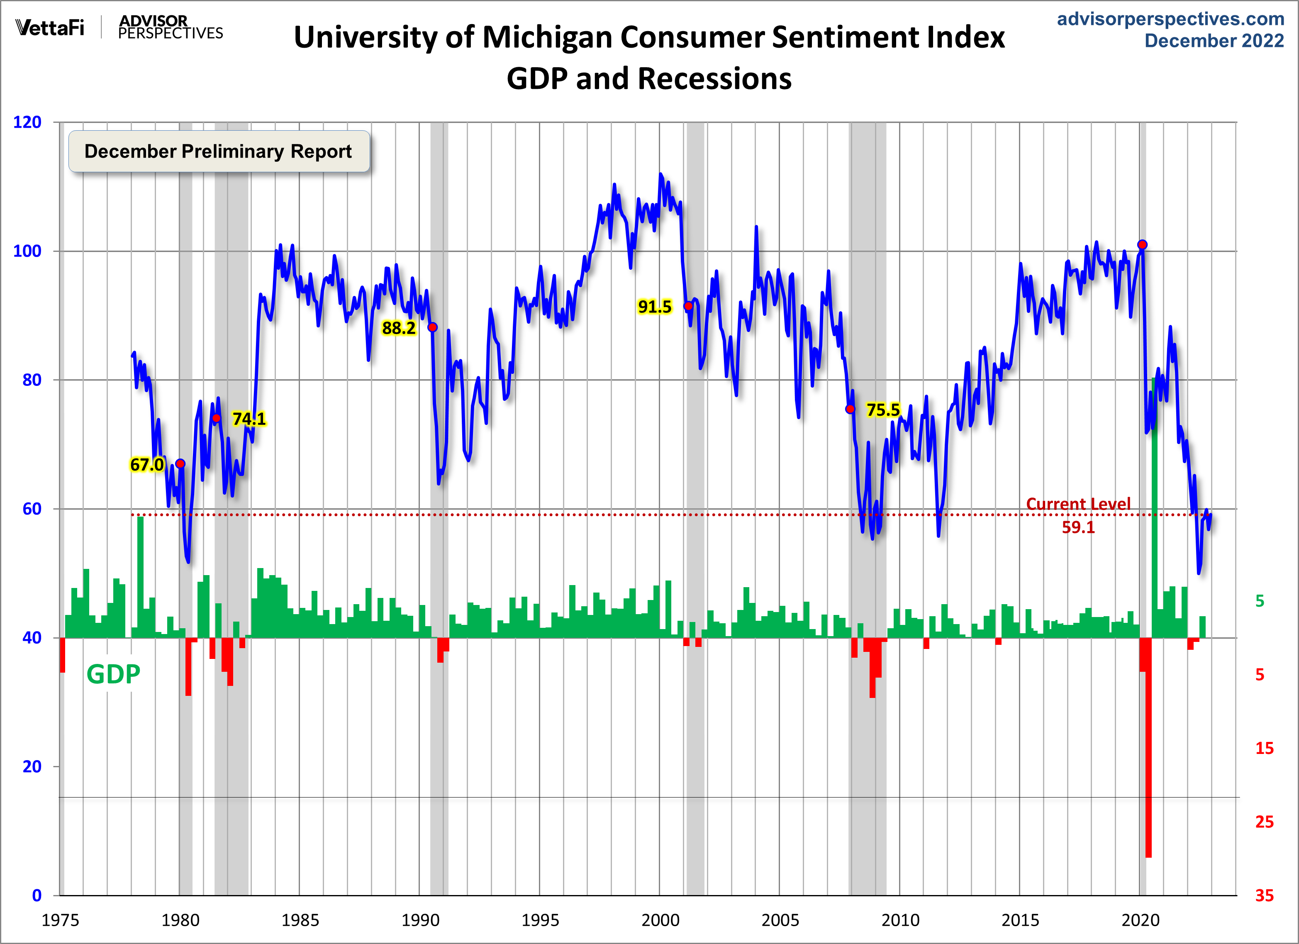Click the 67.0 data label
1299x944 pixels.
(x=146, y=465)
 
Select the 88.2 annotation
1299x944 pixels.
(x=399, y=328)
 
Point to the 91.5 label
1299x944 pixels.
(x=654, y=307)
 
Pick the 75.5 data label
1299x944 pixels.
(x=882, y=410)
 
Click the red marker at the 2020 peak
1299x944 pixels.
(x=1142, y=244)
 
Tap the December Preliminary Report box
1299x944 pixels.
(x=219, y=151)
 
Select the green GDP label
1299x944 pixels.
(x=113, y=674)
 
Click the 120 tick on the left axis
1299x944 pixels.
(x=27, y=122)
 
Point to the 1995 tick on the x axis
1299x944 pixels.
(x=539, y=920)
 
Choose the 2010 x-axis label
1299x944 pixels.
(x=900, y=920)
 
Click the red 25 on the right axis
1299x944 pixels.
(x=1264, y=822)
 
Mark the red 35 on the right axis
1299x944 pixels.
(x=1264, y=895)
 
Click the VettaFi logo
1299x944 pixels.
(x=50, y=27)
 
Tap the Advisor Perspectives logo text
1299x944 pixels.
(x=170, y=27)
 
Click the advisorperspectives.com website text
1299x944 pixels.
(x=1171, y=19)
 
